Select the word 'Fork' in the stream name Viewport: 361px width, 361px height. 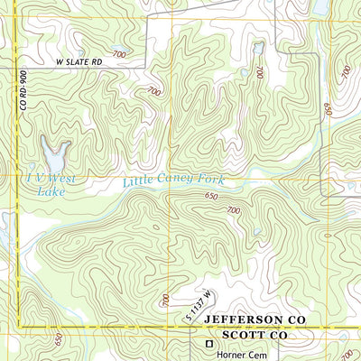(x=209, y=180)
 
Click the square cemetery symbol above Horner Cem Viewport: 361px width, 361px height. (x=209, y=344)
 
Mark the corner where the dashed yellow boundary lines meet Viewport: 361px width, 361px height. (x=20, y=327)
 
